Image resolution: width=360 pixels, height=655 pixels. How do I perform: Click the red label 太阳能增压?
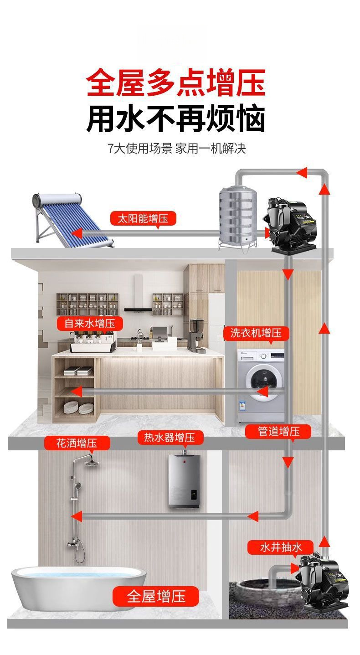[143, 218]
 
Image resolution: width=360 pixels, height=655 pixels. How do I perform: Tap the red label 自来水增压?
[90, 324]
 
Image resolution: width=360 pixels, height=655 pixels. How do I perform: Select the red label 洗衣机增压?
[256, 333]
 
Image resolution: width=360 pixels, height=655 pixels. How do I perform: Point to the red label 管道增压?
[278, 431]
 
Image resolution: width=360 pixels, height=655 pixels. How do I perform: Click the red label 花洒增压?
[77, 443]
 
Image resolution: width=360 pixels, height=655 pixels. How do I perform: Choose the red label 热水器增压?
[170, 438]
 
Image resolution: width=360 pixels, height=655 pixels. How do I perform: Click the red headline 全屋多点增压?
[175, 83]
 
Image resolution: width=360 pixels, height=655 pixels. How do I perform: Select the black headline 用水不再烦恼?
[175, 119]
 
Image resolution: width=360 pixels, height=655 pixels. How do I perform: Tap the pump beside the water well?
[321, 581]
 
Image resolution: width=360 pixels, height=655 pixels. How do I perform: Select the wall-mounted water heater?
[185, 481]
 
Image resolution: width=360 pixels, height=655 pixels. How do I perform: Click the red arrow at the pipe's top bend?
[301, 172]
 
